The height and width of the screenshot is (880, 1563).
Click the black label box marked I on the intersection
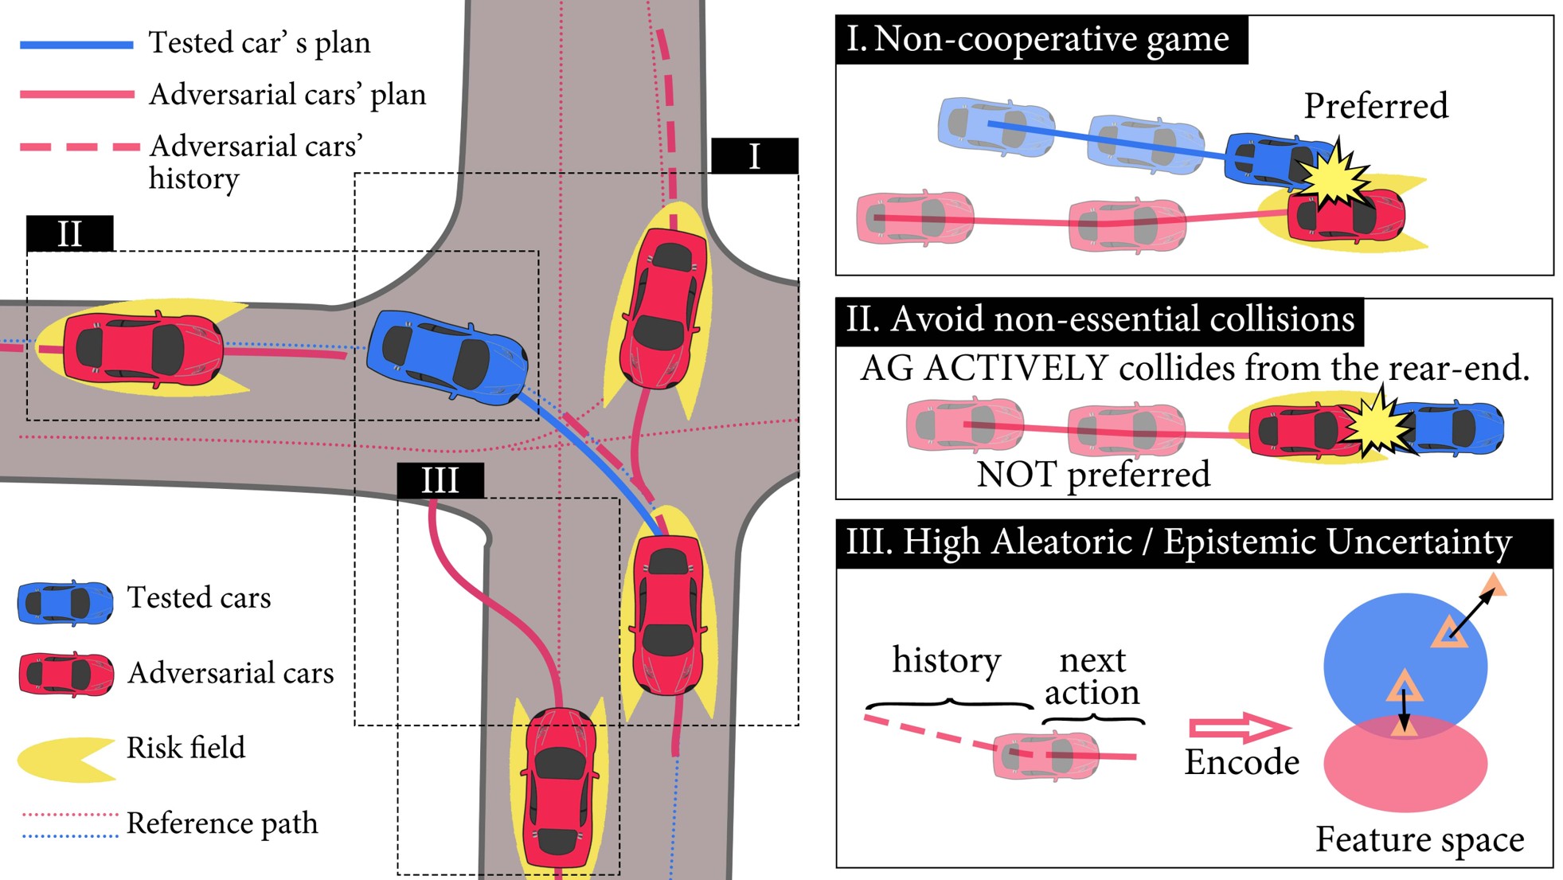click(x=754, y=156)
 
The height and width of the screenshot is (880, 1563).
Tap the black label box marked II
click(x=69, y=233)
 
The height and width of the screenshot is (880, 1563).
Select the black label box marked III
click(x=440, y=480)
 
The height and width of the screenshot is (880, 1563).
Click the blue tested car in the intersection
click(x=446, y=358)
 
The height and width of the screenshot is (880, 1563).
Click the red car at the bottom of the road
click(x=559, y=788)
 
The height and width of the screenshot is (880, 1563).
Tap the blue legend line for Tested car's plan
click(x=76, y=45)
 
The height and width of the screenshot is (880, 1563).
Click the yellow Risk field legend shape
click(x=64, y=757)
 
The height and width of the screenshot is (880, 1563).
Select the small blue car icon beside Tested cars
click(x=65, y=603)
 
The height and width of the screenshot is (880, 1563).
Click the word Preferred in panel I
click(x=1375, y=106)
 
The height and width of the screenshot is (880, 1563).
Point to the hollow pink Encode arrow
click(x=1238, y=726)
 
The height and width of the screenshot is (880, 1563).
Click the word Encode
click(x=1241, y=762)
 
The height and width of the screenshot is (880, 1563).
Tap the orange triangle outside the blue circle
click(x=1494, y=586)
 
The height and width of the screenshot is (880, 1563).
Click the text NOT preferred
click(x=1092, y=475)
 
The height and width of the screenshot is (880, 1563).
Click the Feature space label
click(x=1419, y=839)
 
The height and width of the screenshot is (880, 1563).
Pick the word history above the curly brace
click(x=946, y=661)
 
